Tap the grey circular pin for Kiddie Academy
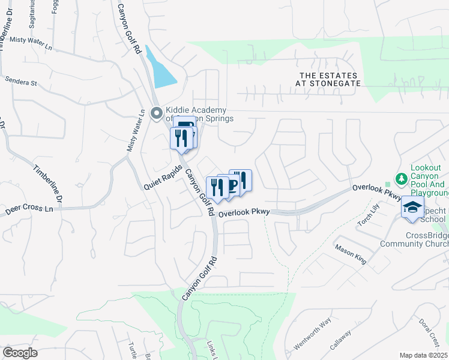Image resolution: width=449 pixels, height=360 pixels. tap(157, 113)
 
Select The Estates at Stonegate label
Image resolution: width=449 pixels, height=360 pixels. tap(330, 79)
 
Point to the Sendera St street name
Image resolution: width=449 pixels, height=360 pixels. tap(21, 81)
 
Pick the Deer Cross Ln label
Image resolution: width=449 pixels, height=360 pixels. tap(29, 210)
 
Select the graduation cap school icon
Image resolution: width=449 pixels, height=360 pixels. tap(412, 208)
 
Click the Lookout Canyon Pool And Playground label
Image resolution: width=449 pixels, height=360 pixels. tap(430, 181)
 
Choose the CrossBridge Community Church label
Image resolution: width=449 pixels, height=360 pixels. tap(414, 240)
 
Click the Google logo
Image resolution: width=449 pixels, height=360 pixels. tap(20, 353)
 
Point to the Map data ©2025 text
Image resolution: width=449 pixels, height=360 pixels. tap(424, 355)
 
